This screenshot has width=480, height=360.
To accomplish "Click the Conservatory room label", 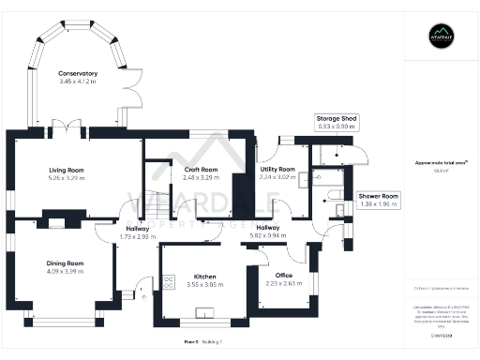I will coord(78,73).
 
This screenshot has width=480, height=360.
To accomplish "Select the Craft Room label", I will coord(175,169).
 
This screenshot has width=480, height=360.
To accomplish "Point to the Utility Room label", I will coord(277,169).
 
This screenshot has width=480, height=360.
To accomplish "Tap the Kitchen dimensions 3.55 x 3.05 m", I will coord(205,282).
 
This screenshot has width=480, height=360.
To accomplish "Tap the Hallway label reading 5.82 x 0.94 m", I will coord(268,232).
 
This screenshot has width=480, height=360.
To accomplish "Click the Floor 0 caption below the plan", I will coord(191,343).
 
